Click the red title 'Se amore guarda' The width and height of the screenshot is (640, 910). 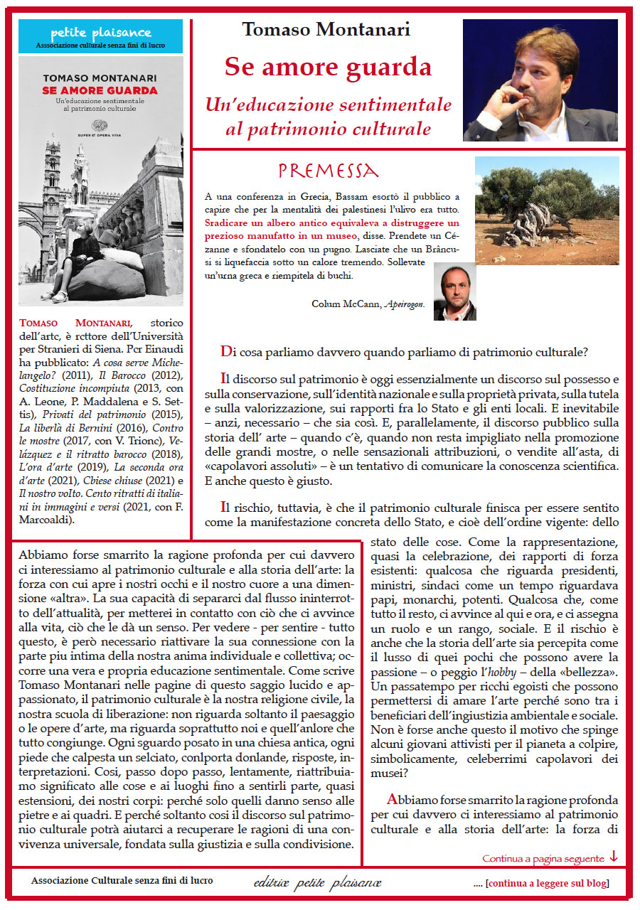328,67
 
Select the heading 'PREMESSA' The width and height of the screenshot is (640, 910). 328,171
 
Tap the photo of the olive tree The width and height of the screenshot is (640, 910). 546,210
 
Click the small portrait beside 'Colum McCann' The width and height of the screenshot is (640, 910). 454,291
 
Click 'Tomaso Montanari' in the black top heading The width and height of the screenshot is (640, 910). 326,30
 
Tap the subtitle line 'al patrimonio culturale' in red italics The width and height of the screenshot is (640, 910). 328,129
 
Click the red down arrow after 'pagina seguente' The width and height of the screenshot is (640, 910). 614,857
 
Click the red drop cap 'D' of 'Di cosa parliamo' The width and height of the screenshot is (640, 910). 226,352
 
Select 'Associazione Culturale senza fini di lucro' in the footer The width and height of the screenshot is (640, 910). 122,881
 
